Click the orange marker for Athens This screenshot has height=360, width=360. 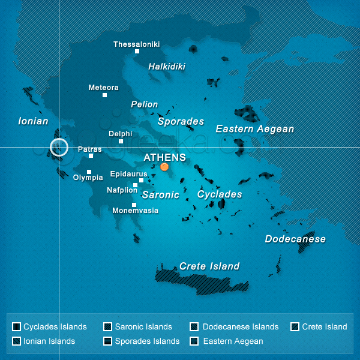pyautogui.click(x=164, y=167)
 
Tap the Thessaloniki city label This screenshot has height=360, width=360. pyautogui.click(x=137, y=44)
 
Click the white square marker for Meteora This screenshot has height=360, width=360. pyautogui.click(x=104, y=95)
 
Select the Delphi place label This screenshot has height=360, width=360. pyautogui.click(x=120, y=134)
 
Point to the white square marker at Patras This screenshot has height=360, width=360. pyautogui.click(x=91, y=156)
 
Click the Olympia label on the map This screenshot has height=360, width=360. pyautogui.click(x=88, y=178)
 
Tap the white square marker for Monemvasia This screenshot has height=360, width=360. pyautogui.click(x=134, y=205)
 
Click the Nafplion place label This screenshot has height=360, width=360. pyautogui.click(x=122, y=190)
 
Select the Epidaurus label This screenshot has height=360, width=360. pyautogui.click(x=128, y=174)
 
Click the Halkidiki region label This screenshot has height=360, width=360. pyautogui.click(x=167, y=67)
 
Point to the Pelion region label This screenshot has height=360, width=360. pyautogui.click(x=145, y=104)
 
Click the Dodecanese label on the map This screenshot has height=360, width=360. pyautogui.click(x=295, y=239)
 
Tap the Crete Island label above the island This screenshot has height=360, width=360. pyautogui.click(x=209, y=266)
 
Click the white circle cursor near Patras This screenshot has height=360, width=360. pyautogui.click(x=59, y=147)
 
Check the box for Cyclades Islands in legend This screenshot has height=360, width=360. pyautogui.click(x=17, y=327)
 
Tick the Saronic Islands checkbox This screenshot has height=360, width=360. pyautogui.click(x=108, y=327)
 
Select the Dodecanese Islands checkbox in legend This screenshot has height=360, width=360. pyautogui.click(x=194, y=327)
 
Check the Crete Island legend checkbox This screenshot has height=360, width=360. pyautogui.click(x=295, y=327)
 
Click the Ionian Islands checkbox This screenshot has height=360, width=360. pyautogui.click(x=17, y=341)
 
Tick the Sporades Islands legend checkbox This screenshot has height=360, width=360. pyautogui.click(x=108, y=341)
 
